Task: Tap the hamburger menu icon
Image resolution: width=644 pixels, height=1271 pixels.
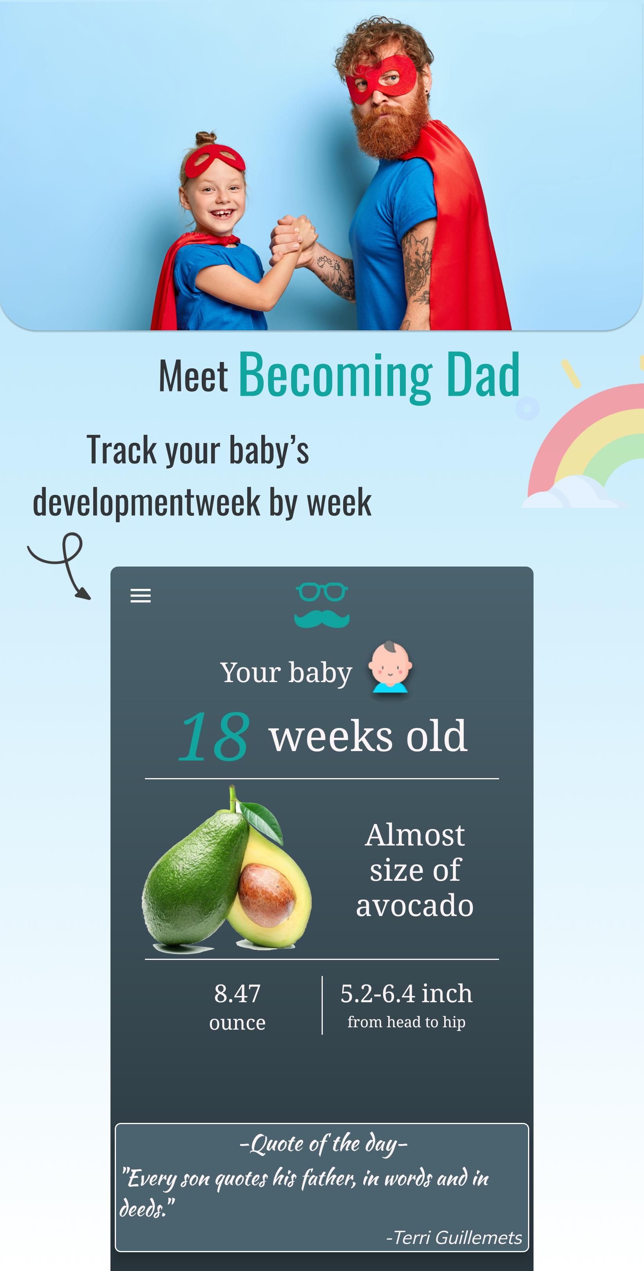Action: [x=140, y=596]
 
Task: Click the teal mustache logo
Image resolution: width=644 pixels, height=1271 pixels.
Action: [x=322, y=618]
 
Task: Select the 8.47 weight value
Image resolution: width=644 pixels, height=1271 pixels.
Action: [x=237, y=993]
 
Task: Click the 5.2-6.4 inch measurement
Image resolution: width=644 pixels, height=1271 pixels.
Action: [x=406, y=993]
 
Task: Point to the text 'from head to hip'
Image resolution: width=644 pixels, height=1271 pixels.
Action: [x=406, y=1022]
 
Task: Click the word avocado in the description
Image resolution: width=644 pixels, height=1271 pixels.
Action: [x=414, y=906]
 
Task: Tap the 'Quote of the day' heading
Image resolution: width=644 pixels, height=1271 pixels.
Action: [x=323, y=1144]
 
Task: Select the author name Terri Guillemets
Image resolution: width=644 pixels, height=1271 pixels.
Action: [x=454, y=1237]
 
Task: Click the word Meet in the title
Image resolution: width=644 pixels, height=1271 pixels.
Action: [x=193, y=377]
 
